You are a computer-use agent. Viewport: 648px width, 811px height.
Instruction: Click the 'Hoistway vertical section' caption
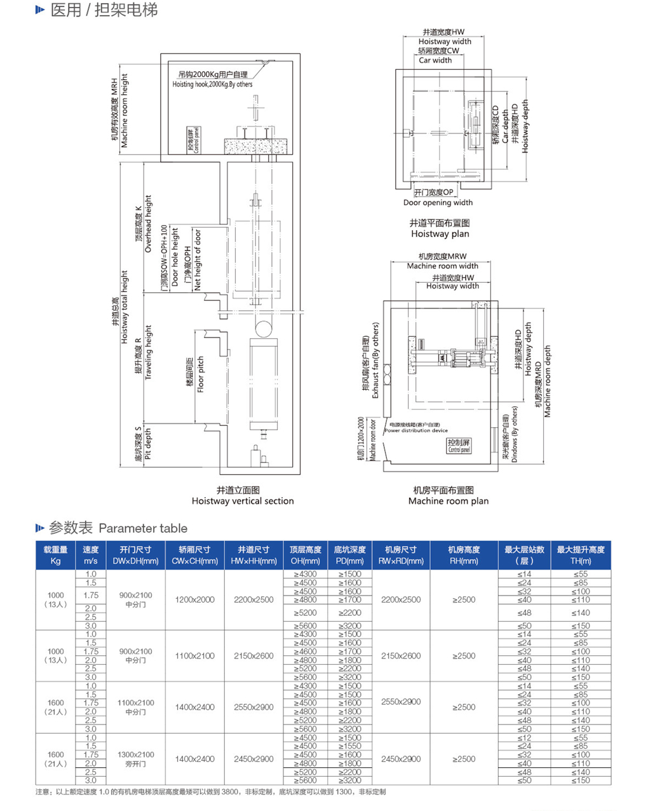243,501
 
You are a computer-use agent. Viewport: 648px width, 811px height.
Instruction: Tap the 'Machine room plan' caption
448,501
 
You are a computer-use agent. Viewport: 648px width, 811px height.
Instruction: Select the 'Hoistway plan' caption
440,234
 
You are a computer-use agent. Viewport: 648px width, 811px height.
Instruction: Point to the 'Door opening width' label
438,203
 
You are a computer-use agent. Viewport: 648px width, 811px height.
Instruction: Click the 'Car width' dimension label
435,60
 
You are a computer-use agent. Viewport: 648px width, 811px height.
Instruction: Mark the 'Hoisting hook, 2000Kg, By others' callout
212,84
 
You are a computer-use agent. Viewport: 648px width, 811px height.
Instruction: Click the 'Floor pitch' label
201,374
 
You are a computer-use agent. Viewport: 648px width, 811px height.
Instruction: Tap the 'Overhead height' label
148,224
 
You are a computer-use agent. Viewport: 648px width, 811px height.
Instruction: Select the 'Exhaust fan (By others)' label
375,360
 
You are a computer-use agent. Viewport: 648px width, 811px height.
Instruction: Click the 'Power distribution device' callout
416,430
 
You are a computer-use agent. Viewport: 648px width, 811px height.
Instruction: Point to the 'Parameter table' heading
143,528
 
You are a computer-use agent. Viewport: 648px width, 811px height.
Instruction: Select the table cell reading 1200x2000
194,599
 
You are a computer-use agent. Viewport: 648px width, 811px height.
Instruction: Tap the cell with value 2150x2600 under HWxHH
253,656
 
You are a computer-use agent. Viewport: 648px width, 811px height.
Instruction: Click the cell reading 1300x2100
135,754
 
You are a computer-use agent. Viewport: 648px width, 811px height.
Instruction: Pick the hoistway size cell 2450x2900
253,759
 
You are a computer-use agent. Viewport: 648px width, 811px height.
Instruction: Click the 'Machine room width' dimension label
442,266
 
